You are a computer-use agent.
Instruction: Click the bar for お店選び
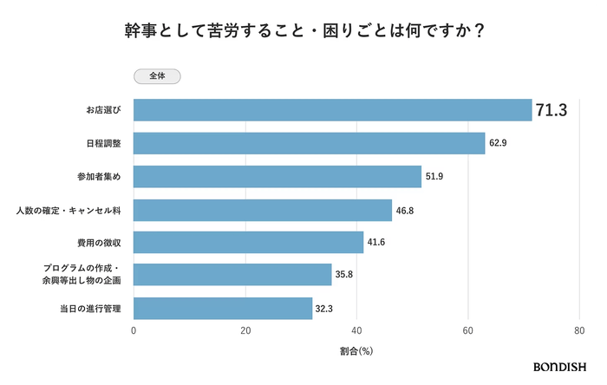click(x=332, y=110)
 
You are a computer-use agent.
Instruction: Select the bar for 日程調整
click(x=309, y=143)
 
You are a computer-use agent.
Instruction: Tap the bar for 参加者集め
click(x=277, y=176)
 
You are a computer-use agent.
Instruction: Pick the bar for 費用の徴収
click(x=249, y=242)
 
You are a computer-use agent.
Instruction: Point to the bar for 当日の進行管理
click(x=223, y=308)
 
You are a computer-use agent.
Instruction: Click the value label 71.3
click(x=552, y=110)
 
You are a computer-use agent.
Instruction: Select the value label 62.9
click(x=498, y=143)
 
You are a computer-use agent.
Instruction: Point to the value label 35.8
click(x=344, y=275)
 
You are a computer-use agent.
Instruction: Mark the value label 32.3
click(x=325, y=308)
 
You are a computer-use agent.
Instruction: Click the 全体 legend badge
click(x=158, y=76)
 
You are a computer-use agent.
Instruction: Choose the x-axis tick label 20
click(x=245, y=331)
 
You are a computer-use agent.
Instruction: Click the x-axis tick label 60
click(x=468, y=331)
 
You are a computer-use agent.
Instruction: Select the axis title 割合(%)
click(x=356, y=351)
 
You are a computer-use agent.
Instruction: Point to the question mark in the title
click(x=479, y=30)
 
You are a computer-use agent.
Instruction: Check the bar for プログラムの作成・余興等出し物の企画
click(x=232, y=275)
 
